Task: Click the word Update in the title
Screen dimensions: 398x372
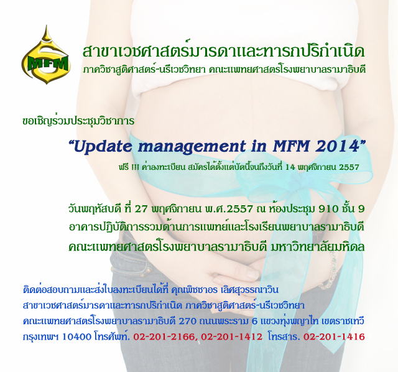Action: (x=104, y=147)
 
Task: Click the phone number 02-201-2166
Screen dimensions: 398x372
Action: (x=164, y=337)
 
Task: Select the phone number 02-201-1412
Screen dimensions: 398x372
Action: (x=231, y=337)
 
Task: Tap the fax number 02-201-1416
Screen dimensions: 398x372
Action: (x=334, y=337)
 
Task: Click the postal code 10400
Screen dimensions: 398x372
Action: (x=76, y=337)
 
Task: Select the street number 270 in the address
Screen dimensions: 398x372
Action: (x=187, y=321)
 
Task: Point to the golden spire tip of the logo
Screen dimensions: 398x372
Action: (x=46, y=26)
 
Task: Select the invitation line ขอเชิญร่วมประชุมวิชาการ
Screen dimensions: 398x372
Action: (x=78, y=121)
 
